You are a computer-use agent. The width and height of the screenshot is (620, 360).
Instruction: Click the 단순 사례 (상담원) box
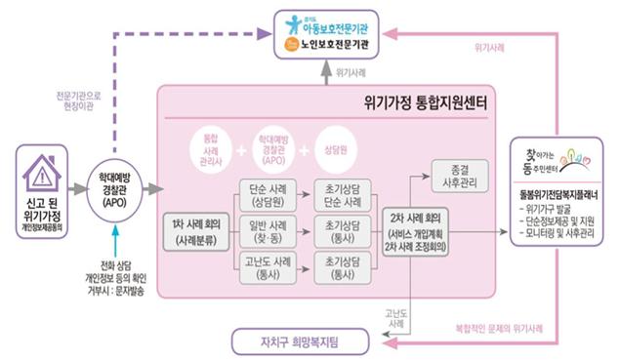(265, 194)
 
